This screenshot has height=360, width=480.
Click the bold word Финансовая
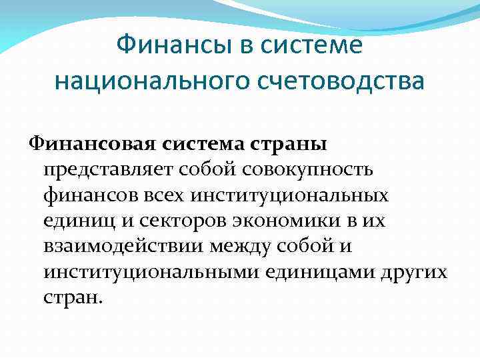point(91,143)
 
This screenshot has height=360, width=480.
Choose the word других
point(412,273)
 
